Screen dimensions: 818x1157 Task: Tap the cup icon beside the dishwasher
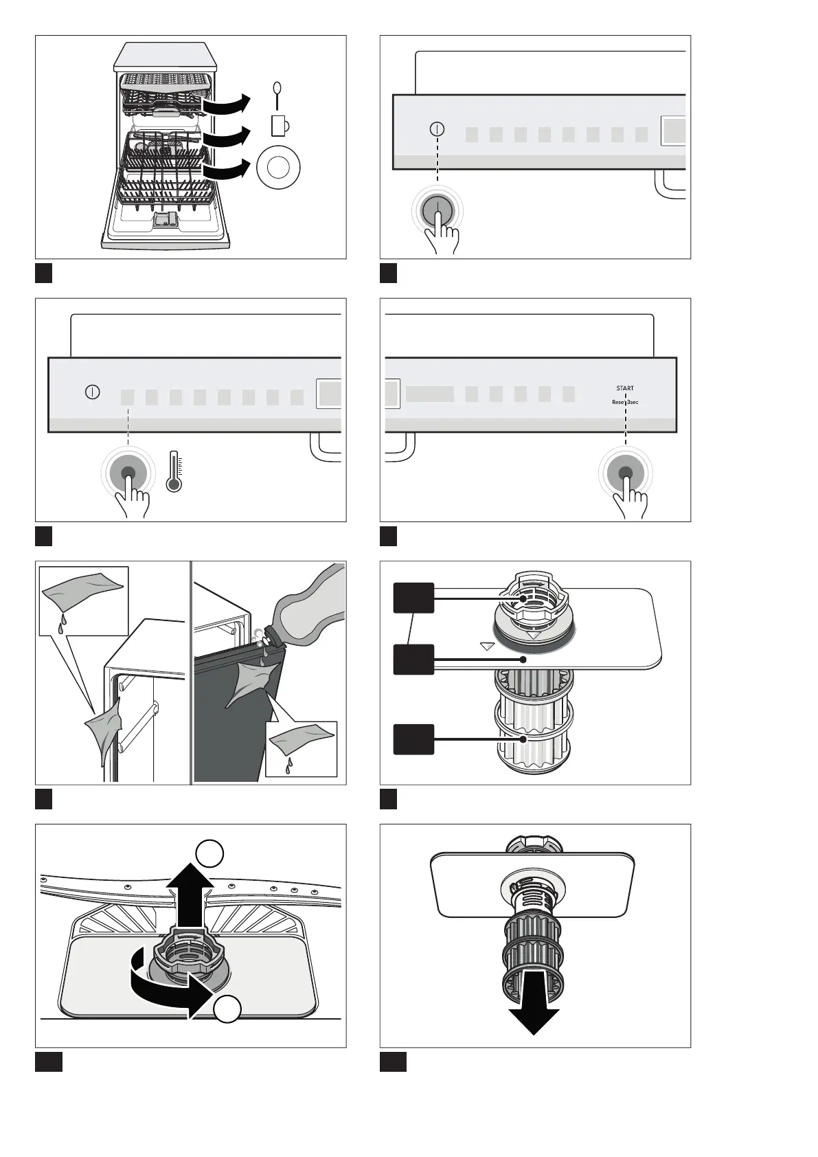tap(280, 125)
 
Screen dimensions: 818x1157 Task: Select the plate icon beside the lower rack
tap(278, 168)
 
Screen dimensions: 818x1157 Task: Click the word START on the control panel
tap(625, 388)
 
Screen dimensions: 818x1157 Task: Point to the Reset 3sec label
tap(625, 402)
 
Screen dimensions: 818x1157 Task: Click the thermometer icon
tap(174, 471)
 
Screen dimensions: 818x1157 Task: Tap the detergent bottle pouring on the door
tap(307, 607)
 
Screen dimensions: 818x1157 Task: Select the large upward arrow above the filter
tap(190, 898)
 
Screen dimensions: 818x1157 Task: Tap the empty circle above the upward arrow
tap(209, 853)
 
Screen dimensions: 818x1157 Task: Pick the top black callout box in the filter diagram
tap(413, 598)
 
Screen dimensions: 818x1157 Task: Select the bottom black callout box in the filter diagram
tap(413, 739)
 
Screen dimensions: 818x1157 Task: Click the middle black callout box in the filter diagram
tap(413, 659)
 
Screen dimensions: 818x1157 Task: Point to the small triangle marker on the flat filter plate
tap(487, 646)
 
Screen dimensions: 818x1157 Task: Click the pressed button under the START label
tap(626, 473)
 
